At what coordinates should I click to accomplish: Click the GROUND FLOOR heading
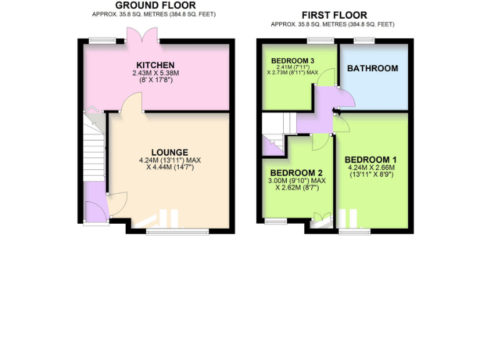coord(155,6)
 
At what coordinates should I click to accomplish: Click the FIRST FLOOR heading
coord(334,15)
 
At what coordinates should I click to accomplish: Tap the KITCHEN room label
coord(156,65)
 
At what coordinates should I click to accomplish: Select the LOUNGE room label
coord(169,152)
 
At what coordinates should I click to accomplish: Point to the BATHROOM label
coord(372,68)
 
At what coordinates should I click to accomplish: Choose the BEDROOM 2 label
coord(296,173)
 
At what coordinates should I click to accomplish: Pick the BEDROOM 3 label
coord(292,60)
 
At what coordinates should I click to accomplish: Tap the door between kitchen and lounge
coord(132,103)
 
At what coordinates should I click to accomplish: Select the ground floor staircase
coord(94,150)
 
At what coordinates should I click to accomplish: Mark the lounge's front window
coord(177,232)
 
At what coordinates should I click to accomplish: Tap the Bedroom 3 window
coord(320,41)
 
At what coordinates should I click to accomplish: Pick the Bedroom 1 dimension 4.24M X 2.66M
coord(371,167)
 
